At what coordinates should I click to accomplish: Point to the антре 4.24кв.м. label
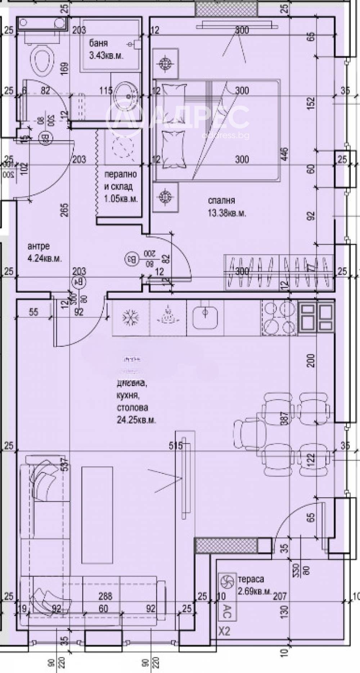click(44, 252)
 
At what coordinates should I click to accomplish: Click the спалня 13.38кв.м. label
click(227, 207)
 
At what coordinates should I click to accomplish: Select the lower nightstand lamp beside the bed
click(165, 197)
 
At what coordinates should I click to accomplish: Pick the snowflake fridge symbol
click(131, 318)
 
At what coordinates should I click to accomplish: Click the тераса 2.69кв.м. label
click(254, 584)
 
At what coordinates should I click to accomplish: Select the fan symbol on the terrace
click(226, 581)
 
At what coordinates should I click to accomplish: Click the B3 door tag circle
click(131, 258)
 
